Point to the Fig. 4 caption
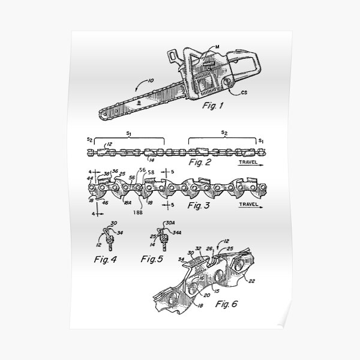point(108,260)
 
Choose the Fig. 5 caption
point(152,260)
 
